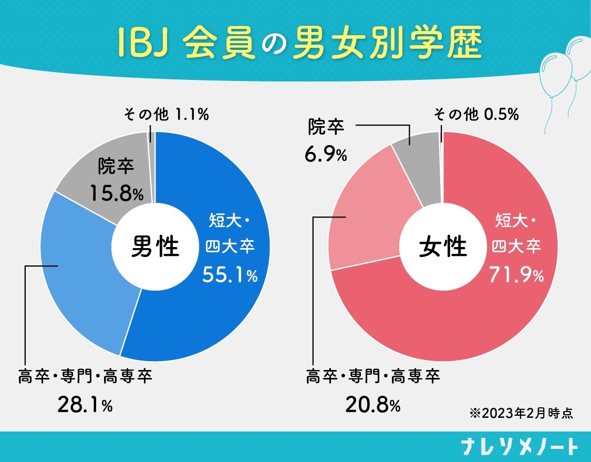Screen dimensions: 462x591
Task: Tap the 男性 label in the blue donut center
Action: tap(155, 247)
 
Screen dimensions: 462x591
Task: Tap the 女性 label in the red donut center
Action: tap(443, 247)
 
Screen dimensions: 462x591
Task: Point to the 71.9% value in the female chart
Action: tap(516, 274)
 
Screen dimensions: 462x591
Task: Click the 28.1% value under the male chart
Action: tap(85, 405)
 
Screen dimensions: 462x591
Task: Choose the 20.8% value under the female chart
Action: tap(372, 405)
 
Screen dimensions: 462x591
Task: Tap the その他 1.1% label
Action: tap(166, 114)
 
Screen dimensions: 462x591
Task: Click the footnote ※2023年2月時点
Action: tap(520, 413)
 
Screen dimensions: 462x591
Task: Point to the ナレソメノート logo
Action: tap(519, 447)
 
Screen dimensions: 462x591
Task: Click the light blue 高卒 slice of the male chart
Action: tap(84, 273)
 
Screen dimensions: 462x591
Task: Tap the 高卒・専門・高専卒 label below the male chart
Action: tap(85, 376)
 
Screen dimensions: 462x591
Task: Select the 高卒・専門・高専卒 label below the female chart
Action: tap(372, 376)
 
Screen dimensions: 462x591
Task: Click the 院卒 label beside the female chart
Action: tap(326, 127)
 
